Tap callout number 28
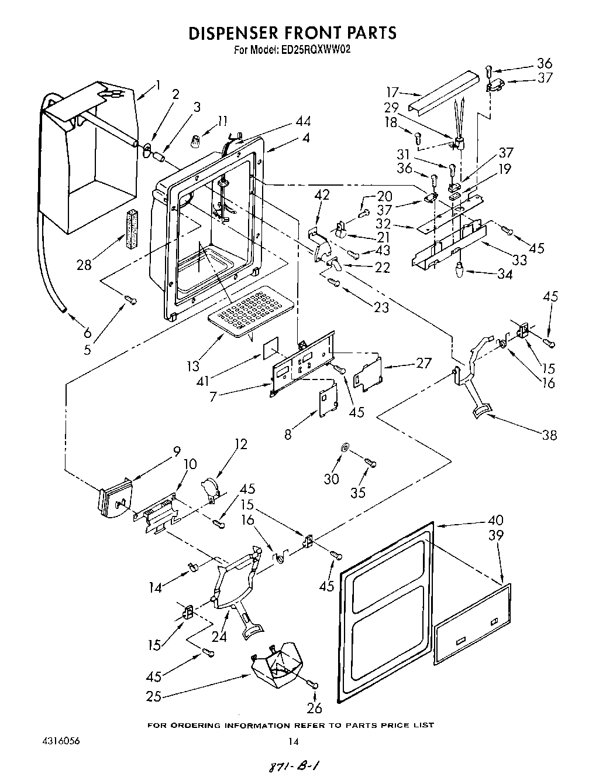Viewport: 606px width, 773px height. click(x=84, y=264)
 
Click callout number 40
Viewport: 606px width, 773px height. click(x=495, y=520)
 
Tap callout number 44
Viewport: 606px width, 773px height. click(x=303, y=122)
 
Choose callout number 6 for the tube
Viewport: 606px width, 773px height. click(x=87, y=333)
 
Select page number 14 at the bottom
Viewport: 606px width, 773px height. click(x=293, y=741)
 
